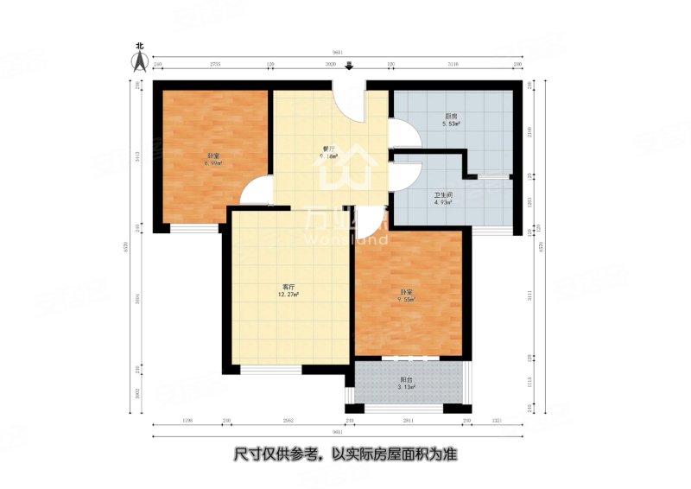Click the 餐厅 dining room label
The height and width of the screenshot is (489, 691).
click(328, 149)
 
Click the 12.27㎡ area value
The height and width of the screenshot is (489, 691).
click(288, 295)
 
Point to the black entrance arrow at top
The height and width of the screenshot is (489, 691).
click(349, 67)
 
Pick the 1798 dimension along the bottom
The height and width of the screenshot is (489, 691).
click(187, 421)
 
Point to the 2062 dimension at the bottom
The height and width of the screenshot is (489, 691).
click(288, 421)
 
